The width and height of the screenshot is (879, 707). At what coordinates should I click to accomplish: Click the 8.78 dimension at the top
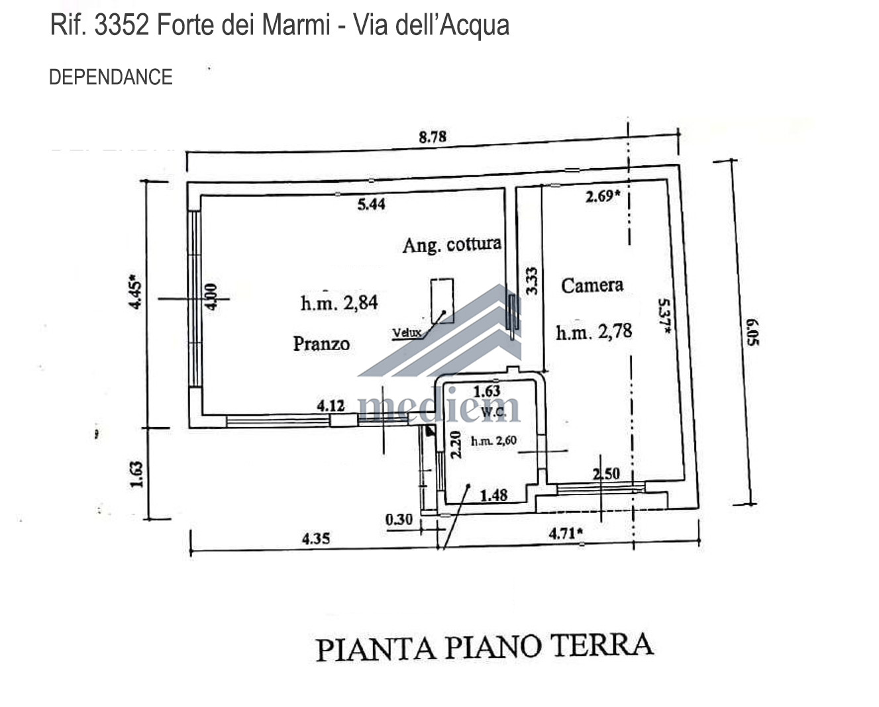(433, 136)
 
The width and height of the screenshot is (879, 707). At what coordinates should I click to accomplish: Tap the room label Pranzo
(321, 344)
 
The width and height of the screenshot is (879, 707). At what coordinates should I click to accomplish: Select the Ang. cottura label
(452, 245)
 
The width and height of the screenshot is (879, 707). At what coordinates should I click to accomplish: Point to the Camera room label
(592, 285)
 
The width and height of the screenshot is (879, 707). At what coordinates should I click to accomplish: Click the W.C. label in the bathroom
(493, 412)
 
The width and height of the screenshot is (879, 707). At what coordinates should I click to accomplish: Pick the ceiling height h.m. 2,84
(339, 303)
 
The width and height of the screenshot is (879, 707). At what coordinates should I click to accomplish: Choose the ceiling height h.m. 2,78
(594, 332)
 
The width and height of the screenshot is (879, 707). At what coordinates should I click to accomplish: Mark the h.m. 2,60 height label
(494, 441)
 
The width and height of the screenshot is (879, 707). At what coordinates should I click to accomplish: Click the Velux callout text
(407, 333)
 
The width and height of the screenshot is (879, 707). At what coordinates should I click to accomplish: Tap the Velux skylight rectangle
(442, 301)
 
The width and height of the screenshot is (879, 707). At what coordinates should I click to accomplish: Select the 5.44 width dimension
(372, 204)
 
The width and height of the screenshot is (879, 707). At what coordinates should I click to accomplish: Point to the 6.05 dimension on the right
(752, 332)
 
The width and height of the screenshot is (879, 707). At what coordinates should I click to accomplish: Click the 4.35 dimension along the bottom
(316, 539)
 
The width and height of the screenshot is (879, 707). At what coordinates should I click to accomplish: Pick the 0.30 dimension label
(399, 520)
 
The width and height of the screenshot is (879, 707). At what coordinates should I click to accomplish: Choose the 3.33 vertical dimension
(531, 281)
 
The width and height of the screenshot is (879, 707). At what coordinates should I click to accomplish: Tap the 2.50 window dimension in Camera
(607, 474)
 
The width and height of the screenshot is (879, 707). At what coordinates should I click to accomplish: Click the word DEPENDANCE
(111, 77)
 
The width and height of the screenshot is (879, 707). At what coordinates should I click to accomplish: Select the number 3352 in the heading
(122, 25)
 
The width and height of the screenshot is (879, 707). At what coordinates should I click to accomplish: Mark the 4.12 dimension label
(331, 406)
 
